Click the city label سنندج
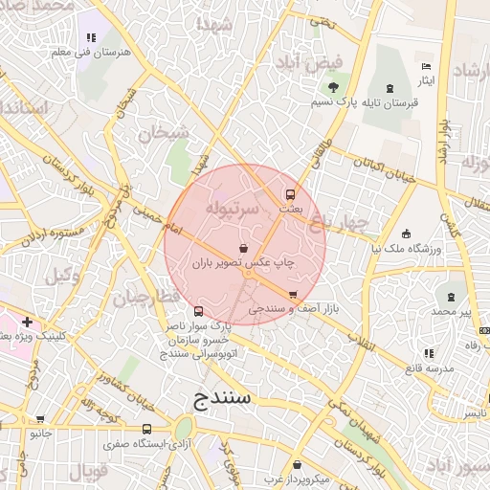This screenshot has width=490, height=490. click(220, 397)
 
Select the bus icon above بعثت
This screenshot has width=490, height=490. click(291, 192)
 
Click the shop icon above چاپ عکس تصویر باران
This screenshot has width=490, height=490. click(244, 249)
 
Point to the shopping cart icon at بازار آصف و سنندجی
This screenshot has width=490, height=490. click(293, 295)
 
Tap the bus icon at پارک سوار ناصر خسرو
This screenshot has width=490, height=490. click(198, 311)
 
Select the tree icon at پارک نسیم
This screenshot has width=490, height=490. click(318, 100)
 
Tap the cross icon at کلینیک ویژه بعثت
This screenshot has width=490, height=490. click(28, 323)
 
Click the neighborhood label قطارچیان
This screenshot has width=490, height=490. click(145, 299)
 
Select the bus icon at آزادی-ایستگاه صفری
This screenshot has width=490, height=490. click(146, 429)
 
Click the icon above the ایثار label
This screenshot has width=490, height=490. click(427, 66)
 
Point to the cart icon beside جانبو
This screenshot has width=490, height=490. click(39, 418)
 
